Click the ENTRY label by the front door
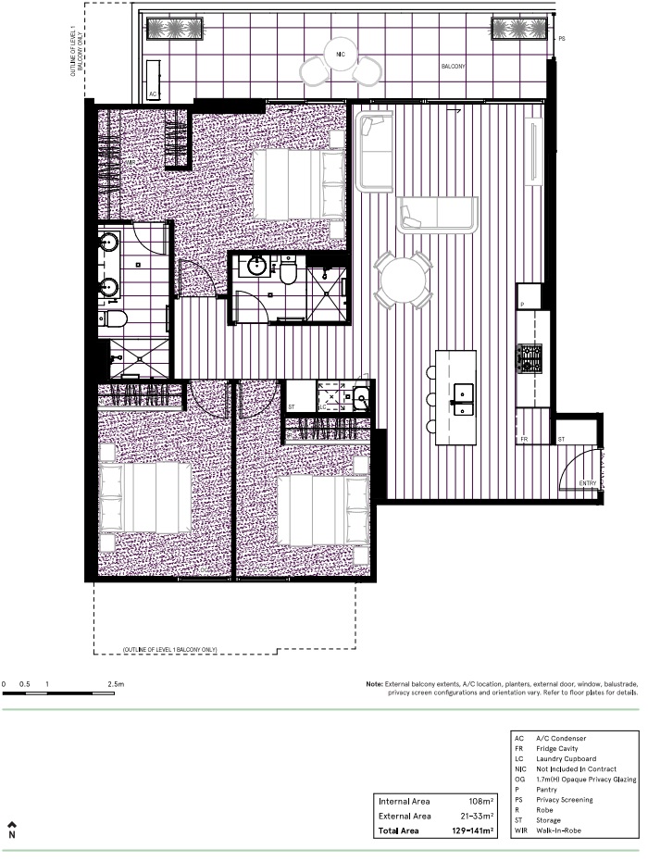click(x=588, y=483)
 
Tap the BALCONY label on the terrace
click(x=453, y=68)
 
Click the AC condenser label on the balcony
click(x=153, y=94)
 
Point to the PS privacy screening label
click(x=561, y=40)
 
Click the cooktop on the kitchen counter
click(x=532, y=356)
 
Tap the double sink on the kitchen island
click(x=461, y=396)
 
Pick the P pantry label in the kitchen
click(x=522, y=304)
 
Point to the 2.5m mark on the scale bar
click(x=115, y=684)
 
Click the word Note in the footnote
click(x=375, y=684)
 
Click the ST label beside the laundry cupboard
click(x=291, y=406)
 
